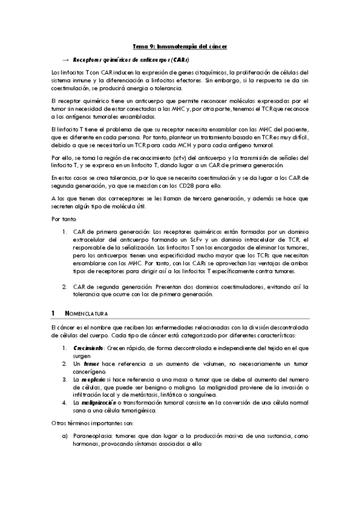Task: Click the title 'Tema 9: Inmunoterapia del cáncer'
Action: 180,46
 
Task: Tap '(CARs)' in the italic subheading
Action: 180,60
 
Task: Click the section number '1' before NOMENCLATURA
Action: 53,313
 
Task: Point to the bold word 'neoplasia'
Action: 93,379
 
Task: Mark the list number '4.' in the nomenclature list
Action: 66,402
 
